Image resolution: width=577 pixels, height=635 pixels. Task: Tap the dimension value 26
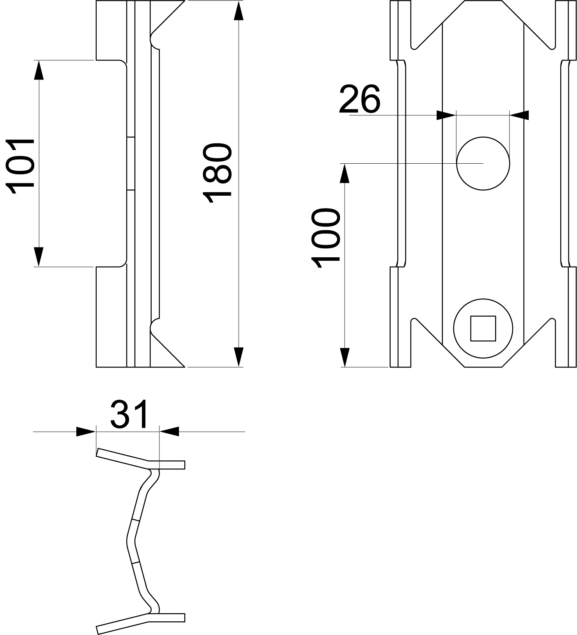click(359, 99)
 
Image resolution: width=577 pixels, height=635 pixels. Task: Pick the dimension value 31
click(130, 414)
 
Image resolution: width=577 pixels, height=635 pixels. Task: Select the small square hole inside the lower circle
click(483, 328)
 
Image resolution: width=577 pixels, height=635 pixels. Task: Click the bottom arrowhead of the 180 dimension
click(239, 357)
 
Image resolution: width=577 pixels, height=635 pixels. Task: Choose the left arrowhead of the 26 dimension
click(446, 115)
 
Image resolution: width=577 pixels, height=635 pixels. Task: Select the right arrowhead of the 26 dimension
click(519, 115)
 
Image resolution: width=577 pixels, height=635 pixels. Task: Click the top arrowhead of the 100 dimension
click(345, 173)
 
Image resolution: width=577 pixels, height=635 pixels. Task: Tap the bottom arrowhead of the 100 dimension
click(345, 357)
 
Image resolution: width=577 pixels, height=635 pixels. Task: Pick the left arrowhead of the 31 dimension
click(86, 432)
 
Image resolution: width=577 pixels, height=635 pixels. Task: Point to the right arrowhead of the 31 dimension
click(169, 432)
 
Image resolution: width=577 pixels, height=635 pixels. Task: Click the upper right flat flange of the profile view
click(166, 465)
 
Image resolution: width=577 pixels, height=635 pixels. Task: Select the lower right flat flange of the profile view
click(166, 617)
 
